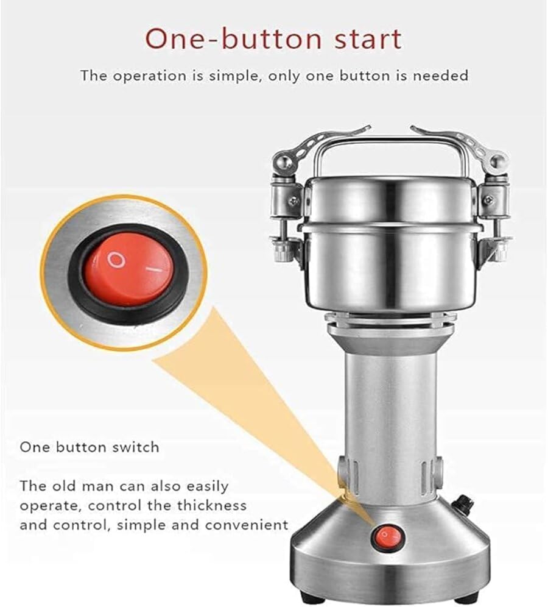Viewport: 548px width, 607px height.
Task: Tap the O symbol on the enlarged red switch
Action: [x=116, y=260]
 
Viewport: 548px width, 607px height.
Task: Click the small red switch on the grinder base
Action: [x=386, y=536]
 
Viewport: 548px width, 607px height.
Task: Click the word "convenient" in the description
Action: [x=247, y=525]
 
